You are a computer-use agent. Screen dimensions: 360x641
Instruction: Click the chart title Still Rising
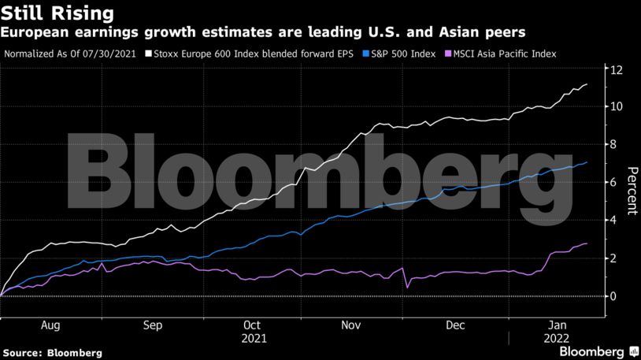pyautogui.click(x=57, y=13)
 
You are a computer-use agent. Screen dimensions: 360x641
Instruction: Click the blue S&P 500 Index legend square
pyautogui.click(x=365, y=54)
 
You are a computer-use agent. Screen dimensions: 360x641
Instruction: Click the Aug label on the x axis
pyautogui.click(x=50, y=325)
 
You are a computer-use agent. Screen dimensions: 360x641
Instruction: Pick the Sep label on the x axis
pyautogui.click(x=153, y=325)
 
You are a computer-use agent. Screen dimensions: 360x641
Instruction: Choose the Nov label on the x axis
pyautogui.click(x=351, y=325)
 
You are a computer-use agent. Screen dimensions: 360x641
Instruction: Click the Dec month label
pyautogui.click(x=455, y=325)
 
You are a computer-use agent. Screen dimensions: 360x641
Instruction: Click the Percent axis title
pyautogui.click(x=632, y=191)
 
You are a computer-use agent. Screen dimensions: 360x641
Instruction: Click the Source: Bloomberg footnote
pyautogui.click(x=52, y=353)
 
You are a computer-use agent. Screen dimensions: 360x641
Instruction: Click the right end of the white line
pyautogui.click(x=587, y=84)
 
